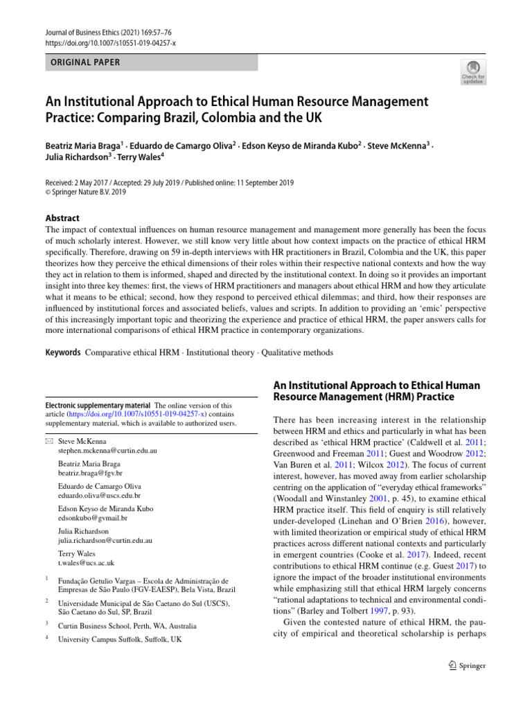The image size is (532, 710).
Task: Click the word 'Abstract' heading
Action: click(x=63, y=217)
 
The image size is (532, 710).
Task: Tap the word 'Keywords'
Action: click(x=63, y=352)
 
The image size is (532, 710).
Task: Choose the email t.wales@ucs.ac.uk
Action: click(x=87, y=563)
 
